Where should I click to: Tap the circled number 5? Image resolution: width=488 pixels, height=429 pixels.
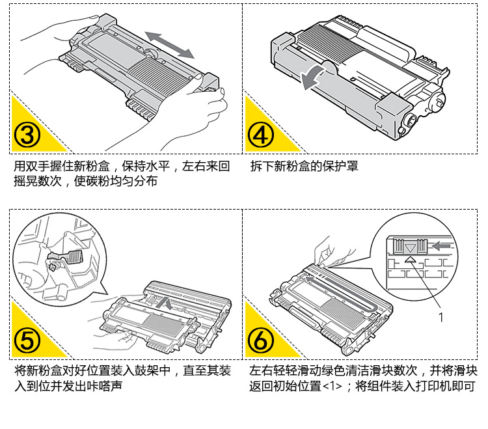click(x=27, y=340)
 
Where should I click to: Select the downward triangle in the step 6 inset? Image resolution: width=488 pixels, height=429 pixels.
click(x=410, y=247)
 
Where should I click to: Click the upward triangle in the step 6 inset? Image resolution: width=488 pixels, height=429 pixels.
click(x=410, y=259)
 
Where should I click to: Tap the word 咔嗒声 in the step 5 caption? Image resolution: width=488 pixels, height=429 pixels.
click(x=107, y=386)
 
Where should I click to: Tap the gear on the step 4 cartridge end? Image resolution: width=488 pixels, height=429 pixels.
click(x=412, y=121)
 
